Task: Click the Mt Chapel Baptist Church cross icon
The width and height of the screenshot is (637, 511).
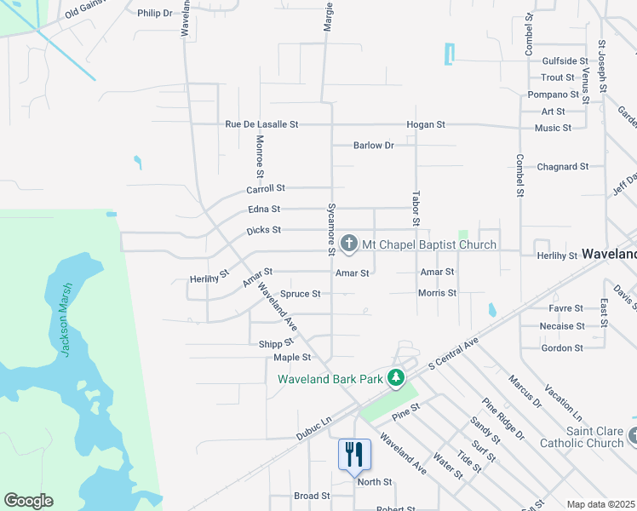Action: click(348, 244)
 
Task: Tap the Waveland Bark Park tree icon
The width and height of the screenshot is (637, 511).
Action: click(395, 377)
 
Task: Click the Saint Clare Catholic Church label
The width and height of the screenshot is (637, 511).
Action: click(582, 437)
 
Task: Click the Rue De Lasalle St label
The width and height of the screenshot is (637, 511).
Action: click(261, 124)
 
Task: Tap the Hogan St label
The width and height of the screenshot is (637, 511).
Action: click(426, 124)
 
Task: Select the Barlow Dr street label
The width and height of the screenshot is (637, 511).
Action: click(374, 146)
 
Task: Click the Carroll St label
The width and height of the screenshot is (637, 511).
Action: click(266, 188)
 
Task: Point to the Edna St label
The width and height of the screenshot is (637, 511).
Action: click(263, 209)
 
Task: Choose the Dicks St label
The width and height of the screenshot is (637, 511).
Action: click(263, 230)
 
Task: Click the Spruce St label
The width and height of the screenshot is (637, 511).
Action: click(301, 294)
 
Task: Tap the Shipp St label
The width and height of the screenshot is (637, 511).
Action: click(276, 343)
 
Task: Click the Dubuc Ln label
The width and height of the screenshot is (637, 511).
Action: click(313, 428)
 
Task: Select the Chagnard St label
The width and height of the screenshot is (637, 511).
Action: click(562, 167)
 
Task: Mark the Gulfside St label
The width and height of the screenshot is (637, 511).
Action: click(565, 61)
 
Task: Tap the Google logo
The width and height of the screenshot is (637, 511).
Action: click(28, 501)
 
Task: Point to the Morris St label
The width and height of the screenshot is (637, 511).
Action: click(437, 293)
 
